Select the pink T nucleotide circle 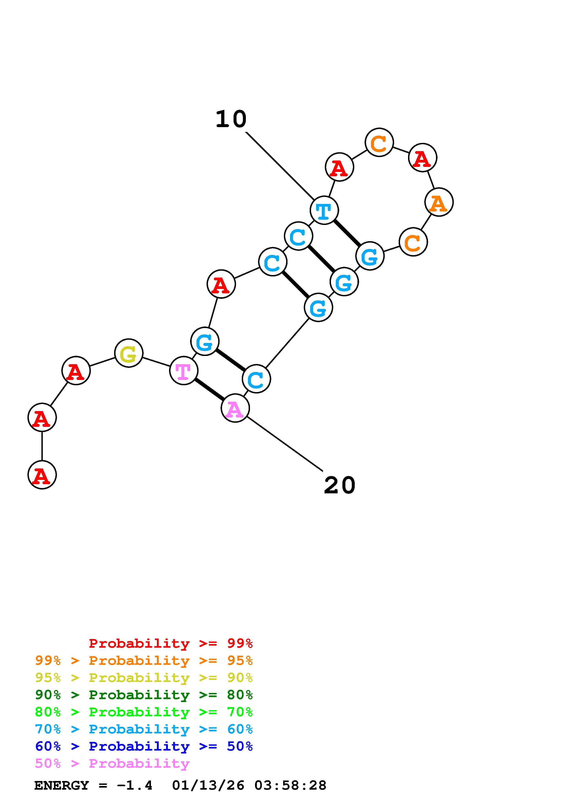(x=183, y=370)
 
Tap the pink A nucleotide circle (x=235, y=408)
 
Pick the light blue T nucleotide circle (x=324, y=210)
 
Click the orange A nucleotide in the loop (x=439, y=202)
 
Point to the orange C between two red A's (x=379, y=142)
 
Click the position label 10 (x=231, y=119)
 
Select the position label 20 (x=340, y=485)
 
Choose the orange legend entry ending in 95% (x=144, y=660)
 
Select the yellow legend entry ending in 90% (x=144, y=678)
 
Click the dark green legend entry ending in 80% (x=144, y=695)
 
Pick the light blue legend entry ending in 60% (x=144, y=729)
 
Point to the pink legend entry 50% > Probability (x=112, y=763)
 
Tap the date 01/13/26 (x=208, y=786)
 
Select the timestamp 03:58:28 (x=290, y=786)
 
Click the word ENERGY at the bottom (x=62, y=786)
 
